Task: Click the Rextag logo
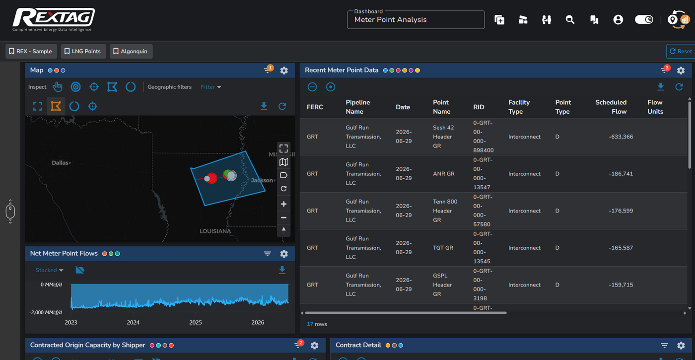(54, 19)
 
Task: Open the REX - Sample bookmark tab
(31, 51)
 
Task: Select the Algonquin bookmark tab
(131, 51)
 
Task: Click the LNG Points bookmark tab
(83, 51)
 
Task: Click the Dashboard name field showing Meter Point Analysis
(416, 19)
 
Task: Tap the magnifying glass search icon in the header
(570, 20)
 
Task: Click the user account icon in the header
(618, 20)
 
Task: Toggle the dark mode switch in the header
(644, 19)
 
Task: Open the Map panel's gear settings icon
(284, 71)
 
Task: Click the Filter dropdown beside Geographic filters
(210, 87)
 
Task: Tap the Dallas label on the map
(60, 163)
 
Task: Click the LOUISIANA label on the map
(215, 231)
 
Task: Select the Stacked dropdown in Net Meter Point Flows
(49, 270)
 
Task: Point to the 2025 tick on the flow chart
(196, 322)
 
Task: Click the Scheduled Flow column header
(611, 107)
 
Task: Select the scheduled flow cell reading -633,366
(621, 137)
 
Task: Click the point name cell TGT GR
(443, 248)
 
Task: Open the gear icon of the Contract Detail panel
(681, 346)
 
